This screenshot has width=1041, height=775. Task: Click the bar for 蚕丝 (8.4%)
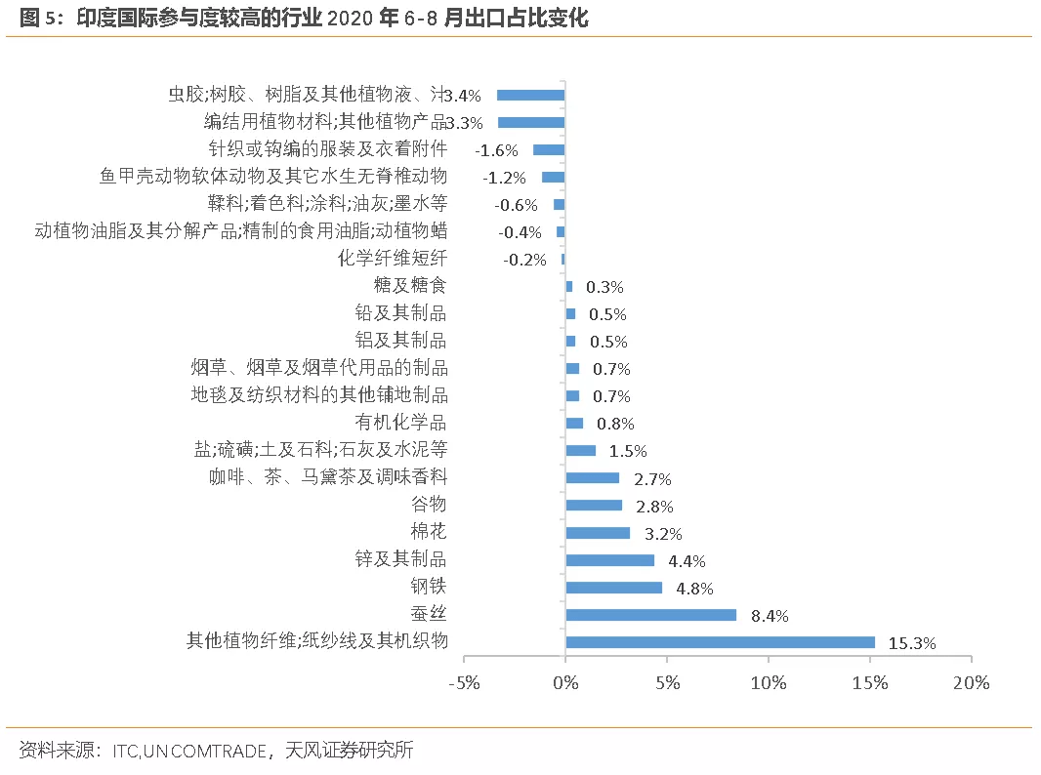tap(650, 615)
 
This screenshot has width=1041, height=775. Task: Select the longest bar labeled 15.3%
tap(720, 642)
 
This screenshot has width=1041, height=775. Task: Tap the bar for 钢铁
tap(613, 588)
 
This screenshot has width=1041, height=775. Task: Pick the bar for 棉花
tap(598, 533)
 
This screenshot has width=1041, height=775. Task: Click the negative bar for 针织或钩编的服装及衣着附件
tap(549, 149)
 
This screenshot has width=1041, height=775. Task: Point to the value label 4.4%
tap(687, 561)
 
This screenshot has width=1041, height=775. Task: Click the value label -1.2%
tap(505, 178)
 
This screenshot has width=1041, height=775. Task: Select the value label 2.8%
tap(654, 507)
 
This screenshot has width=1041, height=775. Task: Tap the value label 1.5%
tap(628, 451)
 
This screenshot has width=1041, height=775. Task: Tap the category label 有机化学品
tap(400, 422)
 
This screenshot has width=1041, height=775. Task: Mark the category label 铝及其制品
tap(400, 340)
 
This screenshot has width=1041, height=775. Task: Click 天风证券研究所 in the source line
tap(350, 751)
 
